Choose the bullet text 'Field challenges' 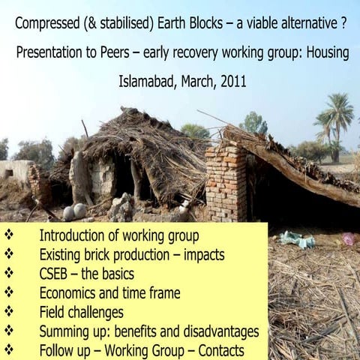tap(82, 311)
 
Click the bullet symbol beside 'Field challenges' tap(10, 311)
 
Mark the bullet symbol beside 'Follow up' tap(10, 349)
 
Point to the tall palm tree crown tap(335, 112)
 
